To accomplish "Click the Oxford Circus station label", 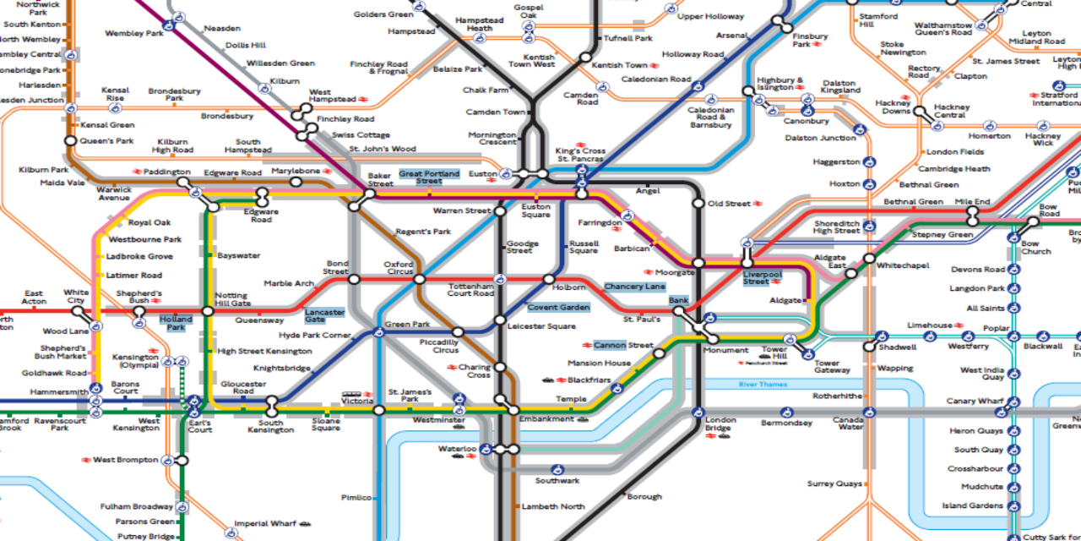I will tap(399, 268).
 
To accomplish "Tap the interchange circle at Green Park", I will tap(379, 332).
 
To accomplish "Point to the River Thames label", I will tap(763, 385).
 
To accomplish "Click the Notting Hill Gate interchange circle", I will tap(209, 311).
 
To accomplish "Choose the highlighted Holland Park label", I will tap(176, 323).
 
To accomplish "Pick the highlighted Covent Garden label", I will tap(558, 308).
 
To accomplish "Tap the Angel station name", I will tap(648, 191).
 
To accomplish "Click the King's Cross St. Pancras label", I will tap(579, 155).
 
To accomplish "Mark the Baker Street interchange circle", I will tap(369, 194).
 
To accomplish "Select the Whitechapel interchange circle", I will tap(869, 258).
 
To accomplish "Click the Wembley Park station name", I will tap(133, 34).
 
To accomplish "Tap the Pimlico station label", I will tap(356, 497).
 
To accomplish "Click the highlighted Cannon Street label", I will tap(623, 345).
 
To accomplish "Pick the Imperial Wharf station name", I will tap(264, 523).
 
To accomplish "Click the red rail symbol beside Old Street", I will tap(758, 204).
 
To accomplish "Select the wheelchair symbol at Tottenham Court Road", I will tap(500, 279).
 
